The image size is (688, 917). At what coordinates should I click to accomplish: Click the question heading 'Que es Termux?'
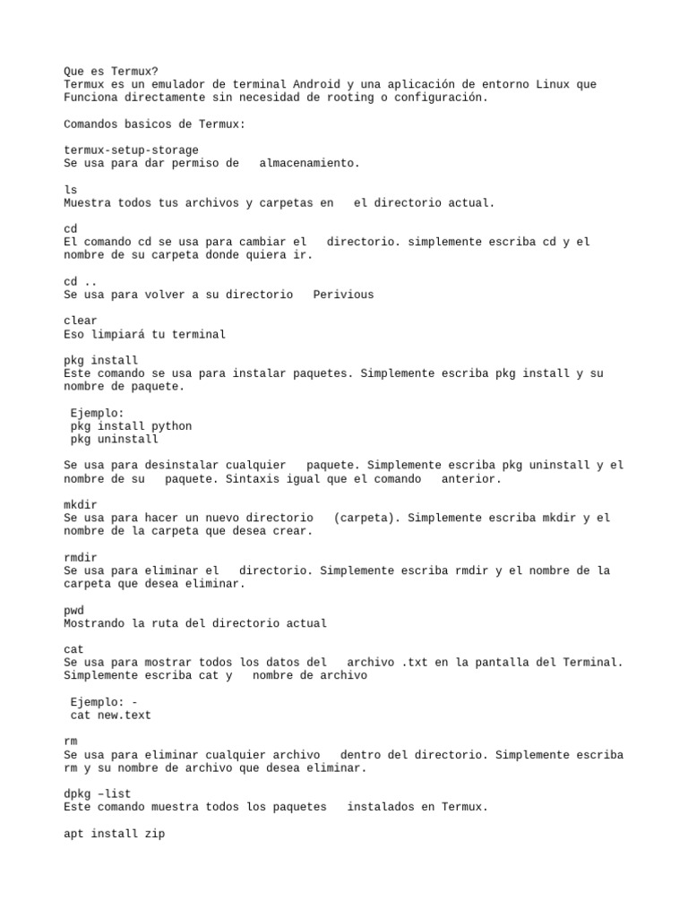pyautogui.click(x=110, y=72)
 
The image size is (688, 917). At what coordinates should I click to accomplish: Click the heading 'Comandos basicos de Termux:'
pyautogui.click(x=152, y=124)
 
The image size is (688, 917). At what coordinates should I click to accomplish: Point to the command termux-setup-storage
pyautogui.click(x=132, y=150)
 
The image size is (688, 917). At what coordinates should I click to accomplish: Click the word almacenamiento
pyautogui.click(x=309, y=163)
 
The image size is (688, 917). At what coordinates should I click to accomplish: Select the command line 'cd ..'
pyautogui.click(x=81, y=281)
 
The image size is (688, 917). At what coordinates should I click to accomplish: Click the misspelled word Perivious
pyautogui.click(x=344, y=295)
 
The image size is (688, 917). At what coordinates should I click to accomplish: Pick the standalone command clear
pyautogui.click(x=81, y=321)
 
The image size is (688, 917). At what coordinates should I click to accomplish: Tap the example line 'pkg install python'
pyautogui.click(x=132, y=426)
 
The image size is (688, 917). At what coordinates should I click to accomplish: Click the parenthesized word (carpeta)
pyautogui.click(x=366, y=518)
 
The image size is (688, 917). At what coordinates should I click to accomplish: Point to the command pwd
pyautogui.click(x=74, y=610)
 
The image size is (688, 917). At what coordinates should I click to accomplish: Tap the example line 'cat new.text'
pyautogui.click(x=112, y=716)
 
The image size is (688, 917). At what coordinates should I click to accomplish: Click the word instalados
pyautogui.click(x=380, y=807)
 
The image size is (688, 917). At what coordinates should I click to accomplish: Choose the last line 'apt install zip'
pyautogui.click(x=114, y=834)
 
